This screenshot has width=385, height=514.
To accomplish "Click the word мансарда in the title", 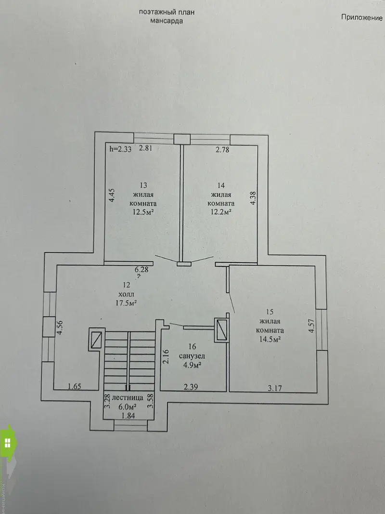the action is click(167, 21).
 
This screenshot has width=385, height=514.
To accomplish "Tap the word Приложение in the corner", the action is click(362, 17).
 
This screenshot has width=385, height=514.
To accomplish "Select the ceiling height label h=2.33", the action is click(120, 149).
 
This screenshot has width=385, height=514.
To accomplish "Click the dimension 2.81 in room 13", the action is click(146, 148).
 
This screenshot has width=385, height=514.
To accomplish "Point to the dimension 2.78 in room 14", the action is click(222, 150).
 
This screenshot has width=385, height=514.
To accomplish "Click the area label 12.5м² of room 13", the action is click(143, 212).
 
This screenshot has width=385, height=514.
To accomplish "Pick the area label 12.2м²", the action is click(221, 211).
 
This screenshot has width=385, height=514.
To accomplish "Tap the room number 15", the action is click(270, 312).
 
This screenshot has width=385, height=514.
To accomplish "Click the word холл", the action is click(126, 294).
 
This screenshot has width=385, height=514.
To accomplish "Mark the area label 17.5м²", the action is click(126, 303).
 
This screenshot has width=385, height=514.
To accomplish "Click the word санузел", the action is click(192, 356).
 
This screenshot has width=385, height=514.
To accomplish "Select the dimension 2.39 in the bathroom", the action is click(191, 387).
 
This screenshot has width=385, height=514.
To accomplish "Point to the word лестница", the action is click(128, 397).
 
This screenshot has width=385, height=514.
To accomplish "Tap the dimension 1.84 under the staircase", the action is click(128, 416).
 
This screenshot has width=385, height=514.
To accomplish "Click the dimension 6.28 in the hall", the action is click(141, 269).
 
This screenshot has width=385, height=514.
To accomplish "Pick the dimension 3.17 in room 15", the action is click(275, 388).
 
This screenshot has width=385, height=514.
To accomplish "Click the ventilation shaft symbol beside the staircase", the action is click(97, 340).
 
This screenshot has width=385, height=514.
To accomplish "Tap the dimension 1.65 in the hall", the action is click(74, 386).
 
